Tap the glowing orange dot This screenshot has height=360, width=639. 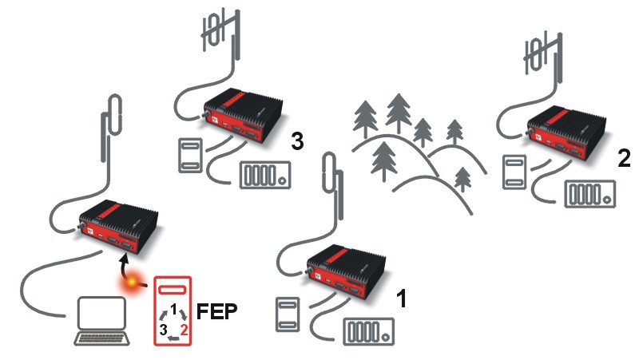coord(128,285)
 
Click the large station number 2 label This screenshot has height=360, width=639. coord(624,157)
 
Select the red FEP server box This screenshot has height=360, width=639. coord(174,311)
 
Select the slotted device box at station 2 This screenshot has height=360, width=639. coord(590,195)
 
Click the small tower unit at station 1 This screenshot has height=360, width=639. coord(287,313)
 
